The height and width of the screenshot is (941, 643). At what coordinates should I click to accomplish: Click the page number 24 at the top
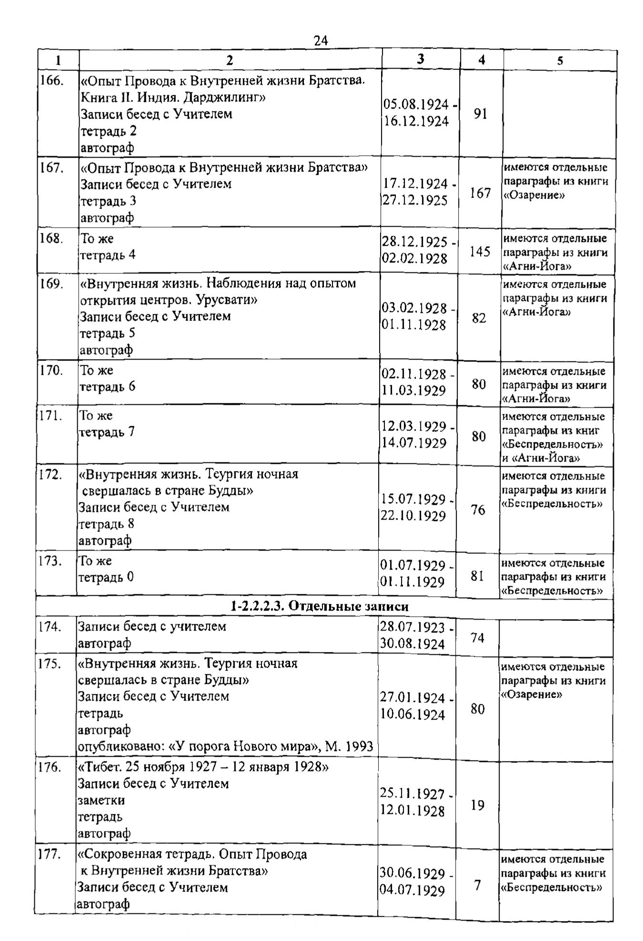click(x=321, y=41)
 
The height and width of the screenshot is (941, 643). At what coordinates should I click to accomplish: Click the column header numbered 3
click(x=420, y=59)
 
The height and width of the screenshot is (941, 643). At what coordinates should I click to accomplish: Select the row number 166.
click(x=51, y=80)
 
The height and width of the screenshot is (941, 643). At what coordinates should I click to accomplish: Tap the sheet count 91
click(x=481, y=114)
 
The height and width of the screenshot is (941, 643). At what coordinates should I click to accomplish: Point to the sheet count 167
click(x=480, y=193)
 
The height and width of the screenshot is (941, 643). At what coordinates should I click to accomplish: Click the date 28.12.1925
click(x=415, y=242)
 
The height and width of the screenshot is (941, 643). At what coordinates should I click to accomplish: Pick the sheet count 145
click(x=480, y=251)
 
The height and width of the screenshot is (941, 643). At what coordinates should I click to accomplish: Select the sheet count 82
click(x=479, y=318)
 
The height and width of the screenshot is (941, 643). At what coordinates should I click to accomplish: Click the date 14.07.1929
click(x=413, y=443)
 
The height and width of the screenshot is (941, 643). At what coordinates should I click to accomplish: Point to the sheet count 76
click(x=478, y=510)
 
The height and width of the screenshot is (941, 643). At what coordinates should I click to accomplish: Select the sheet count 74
click(x=477, y=638)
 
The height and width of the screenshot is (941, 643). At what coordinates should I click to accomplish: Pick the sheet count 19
click(x=477, y=805)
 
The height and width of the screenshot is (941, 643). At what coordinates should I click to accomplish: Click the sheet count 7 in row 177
click(x=477, y=886)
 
